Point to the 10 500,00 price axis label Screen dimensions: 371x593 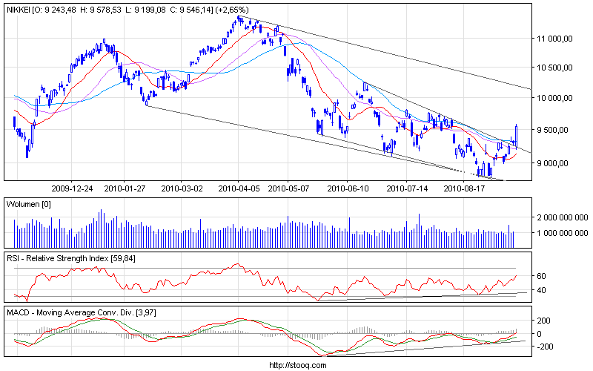(x=558, y=68)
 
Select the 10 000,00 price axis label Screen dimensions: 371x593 (x=558, y=98)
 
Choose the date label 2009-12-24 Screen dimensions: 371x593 (x=72, y=188)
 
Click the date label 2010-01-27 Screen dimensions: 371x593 (x=124, y=188)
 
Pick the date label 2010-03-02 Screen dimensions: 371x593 (x=182, y=188)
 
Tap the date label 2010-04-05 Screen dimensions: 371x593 (x=238, y=188)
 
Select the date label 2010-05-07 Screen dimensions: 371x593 (x=288, y=188)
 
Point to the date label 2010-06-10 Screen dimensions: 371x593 (x=347, y=188)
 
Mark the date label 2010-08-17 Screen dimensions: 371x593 (x=463, y=188)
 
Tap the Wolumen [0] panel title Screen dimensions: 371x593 (x=28, y=203)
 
